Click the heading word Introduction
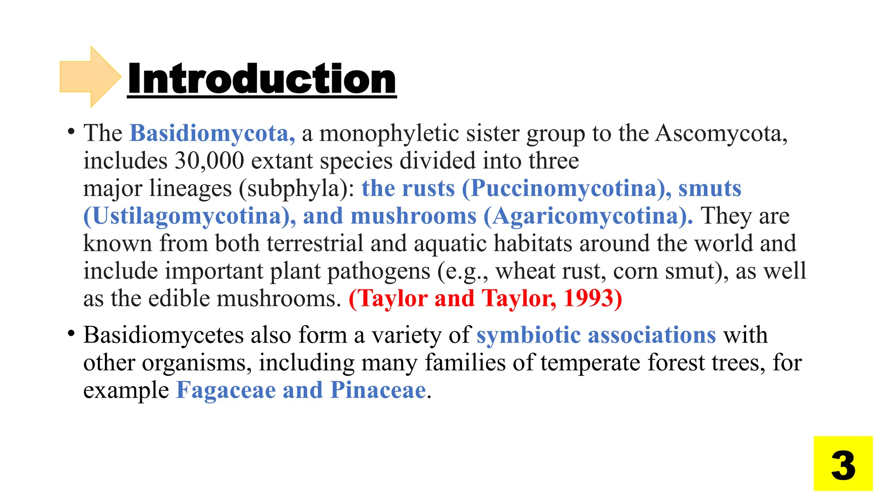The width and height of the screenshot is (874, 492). pyautogui.click(x=262, y=79)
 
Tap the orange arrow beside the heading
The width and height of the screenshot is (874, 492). pyautogui.click(x=90, y=76)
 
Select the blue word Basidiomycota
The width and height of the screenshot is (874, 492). pyautogui.click(x=212, y=133)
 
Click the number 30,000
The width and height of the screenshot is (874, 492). pyautogui.click(x=209, y=161)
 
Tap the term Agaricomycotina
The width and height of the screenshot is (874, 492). pyautogui.click(x=588, y=216)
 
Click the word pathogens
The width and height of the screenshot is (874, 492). pyautogui.click(x=379, y=272)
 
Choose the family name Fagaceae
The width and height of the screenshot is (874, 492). pyautogui.click(x=226, y=390)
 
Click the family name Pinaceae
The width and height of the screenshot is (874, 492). pyautogui.click(x=378, y=390)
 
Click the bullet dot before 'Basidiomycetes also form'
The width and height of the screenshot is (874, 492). pyautogui.click(x=71, y=334)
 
